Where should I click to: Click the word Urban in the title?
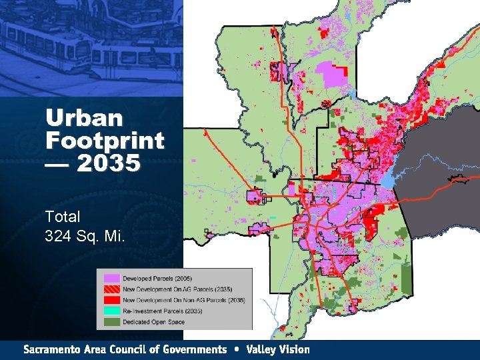tap(85, 119)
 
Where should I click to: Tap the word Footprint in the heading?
tap(105, 141)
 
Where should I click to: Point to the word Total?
tap(63, 217)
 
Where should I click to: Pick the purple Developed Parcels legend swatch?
tap(111, 277)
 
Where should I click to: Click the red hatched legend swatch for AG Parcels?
tap(111, 289)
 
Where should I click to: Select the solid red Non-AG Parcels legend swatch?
tap(111, 300)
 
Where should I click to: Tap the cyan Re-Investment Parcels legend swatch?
tap(111, 311)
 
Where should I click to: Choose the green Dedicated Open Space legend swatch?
tap(111, 322)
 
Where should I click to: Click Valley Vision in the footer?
tap(277, 349)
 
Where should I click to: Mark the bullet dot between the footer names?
tap(237, 349)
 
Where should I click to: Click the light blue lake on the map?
tap(388, 181)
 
